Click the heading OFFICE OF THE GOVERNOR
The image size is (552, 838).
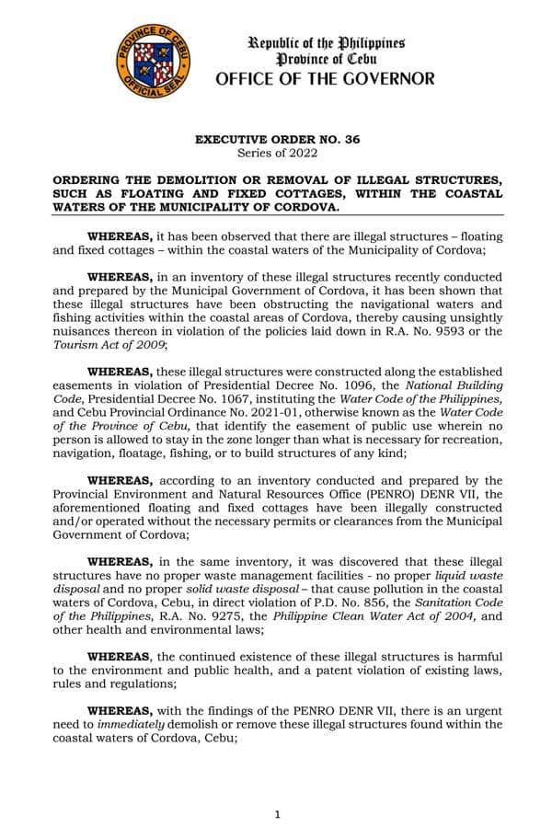pyautogui.click(x=325, y=79)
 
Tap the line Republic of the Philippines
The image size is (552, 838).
pyautogui.click(x=327, y=43)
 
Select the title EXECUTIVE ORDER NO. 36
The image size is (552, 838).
pyautogui.click(x=276, y=139)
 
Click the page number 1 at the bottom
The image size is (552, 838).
pyautogui.click(x=277, y=814)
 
